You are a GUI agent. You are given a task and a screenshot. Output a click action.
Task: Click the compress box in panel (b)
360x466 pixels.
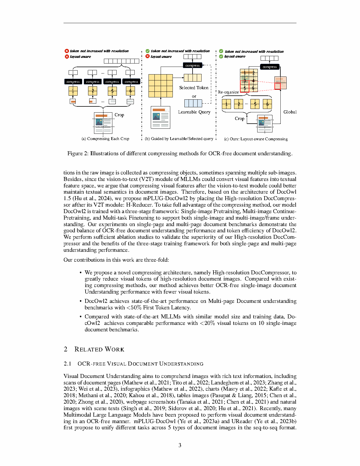point(192,65)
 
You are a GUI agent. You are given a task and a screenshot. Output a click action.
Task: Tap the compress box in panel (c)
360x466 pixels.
point(270,67)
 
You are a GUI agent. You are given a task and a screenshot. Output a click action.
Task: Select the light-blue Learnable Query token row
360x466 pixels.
point(193,103)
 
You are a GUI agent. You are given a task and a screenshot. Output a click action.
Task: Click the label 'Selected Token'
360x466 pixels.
point(194,88)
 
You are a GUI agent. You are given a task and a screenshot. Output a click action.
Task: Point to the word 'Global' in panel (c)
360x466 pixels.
point(290,112)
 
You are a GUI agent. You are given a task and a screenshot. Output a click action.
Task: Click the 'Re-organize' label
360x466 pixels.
point(228,92)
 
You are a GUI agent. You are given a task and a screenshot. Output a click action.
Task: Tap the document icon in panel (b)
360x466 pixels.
point(160,117)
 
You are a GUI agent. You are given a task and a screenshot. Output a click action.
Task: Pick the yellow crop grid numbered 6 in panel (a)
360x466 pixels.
point(130,91)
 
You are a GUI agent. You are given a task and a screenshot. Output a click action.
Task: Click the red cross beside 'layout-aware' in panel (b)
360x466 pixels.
point(147,56)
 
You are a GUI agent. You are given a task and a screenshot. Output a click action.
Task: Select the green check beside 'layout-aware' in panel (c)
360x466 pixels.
point(221,56)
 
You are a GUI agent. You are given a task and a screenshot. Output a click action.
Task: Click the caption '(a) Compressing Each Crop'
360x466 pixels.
point(105,139)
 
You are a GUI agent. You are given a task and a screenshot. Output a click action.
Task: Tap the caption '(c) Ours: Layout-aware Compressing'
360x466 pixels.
point(256,139)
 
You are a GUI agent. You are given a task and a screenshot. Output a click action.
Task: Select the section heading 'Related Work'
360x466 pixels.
point(99,349)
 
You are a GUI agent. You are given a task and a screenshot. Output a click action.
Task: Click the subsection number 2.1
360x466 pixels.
point(67,364)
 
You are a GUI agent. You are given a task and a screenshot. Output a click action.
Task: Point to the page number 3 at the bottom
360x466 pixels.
point(180,445)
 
